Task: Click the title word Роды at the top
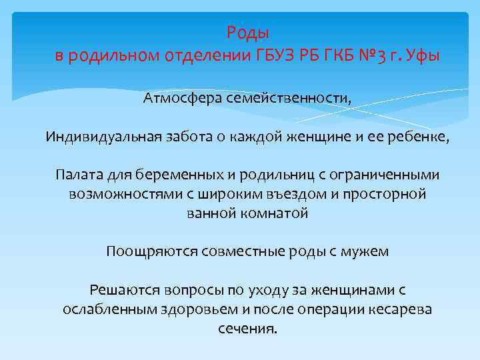click(x=247, y=32)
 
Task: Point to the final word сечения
click(x=247, y=329)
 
